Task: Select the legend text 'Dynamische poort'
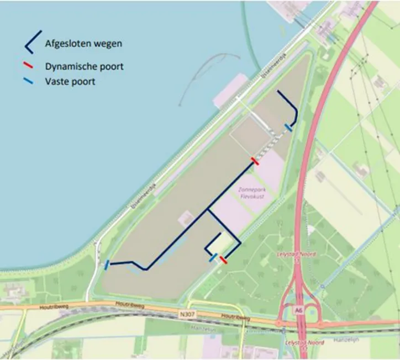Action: coord(84,67)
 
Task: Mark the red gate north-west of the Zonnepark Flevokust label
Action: coord(255,160)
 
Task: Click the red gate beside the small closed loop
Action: coord(222,259)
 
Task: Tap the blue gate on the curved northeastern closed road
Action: coord(288,128)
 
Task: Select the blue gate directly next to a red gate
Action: coord(213,257)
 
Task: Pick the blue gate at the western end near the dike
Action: coord(107,265)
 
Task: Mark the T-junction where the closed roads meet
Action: coord(207,210)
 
